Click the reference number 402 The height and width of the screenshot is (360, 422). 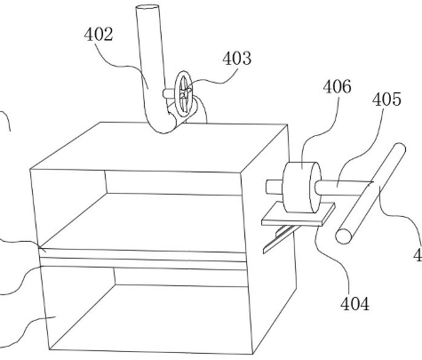coord(99,34)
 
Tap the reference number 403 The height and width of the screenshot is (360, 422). coord(237,58)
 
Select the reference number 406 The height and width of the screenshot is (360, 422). coord(337,87)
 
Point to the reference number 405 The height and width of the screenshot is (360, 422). coord(386,100)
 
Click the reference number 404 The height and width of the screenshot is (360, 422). coord(354,304)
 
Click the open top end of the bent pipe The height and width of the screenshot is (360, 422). coord(147,7)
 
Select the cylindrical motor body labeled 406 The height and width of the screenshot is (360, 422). coord(301,188)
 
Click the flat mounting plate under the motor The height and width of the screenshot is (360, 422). coord(298,214)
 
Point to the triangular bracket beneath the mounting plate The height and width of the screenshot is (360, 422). coord(278,238)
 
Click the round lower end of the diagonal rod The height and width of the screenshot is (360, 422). coord(344,236)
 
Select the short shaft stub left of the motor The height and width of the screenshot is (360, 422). coord(275,187)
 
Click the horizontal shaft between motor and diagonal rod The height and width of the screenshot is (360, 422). coord(343,188)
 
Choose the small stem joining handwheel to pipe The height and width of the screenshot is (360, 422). coord(170,93)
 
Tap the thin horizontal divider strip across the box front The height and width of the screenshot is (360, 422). coord(143,255)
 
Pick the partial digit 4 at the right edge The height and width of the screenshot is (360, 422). coord(418,255)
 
